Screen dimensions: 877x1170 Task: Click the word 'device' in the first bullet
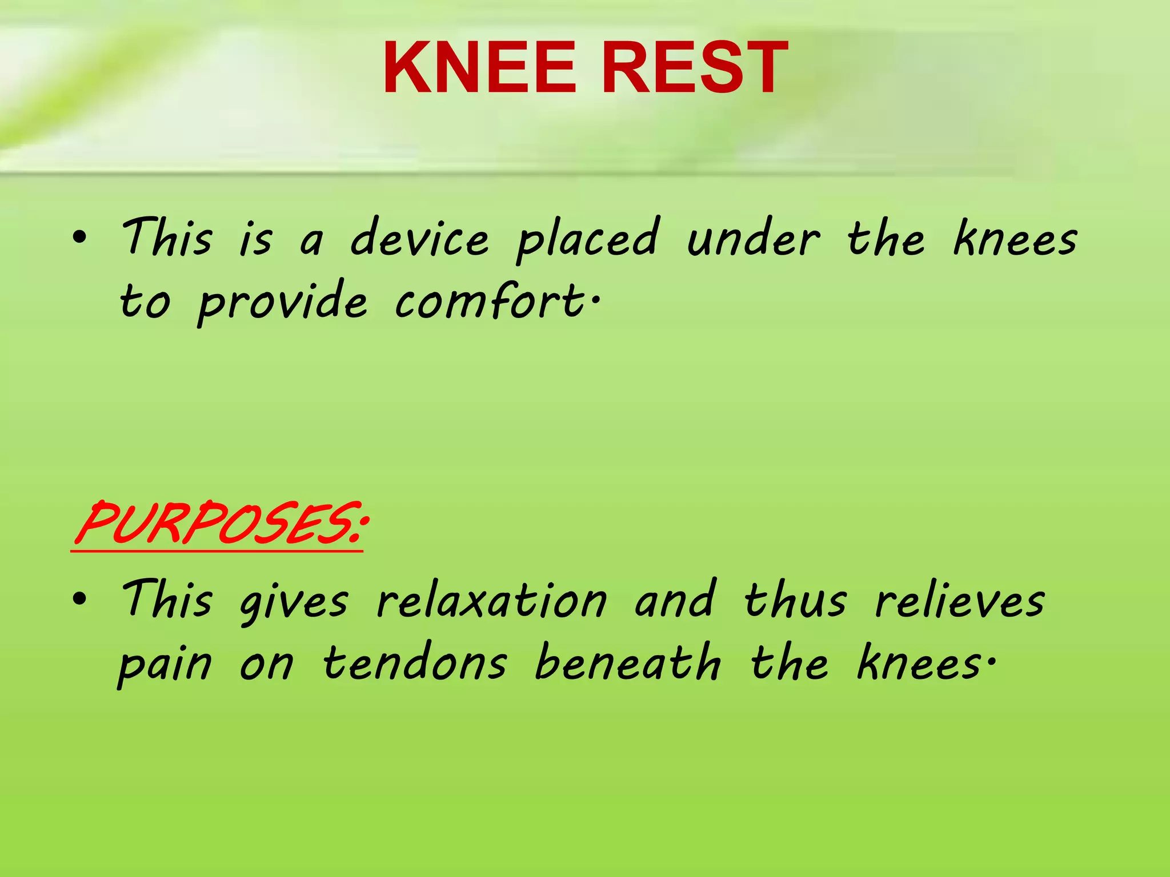pos(420,239)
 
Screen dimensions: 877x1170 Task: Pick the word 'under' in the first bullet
pos(753,239)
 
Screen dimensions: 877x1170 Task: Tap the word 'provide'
pos(282,303)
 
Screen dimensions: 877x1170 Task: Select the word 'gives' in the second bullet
pos(294,603)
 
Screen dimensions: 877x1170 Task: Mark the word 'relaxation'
pos(492,601)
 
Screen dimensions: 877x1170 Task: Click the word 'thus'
pos(795,601)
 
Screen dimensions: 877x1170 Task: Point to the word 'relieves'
pos(960,601)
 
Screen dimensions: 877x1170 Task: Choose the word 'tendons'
pos(415,663)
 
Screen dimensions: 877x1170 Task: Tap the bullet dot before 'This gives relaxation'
pos(80,600)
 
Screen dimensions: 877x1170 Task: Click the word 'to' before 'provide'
pos(145,303)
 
